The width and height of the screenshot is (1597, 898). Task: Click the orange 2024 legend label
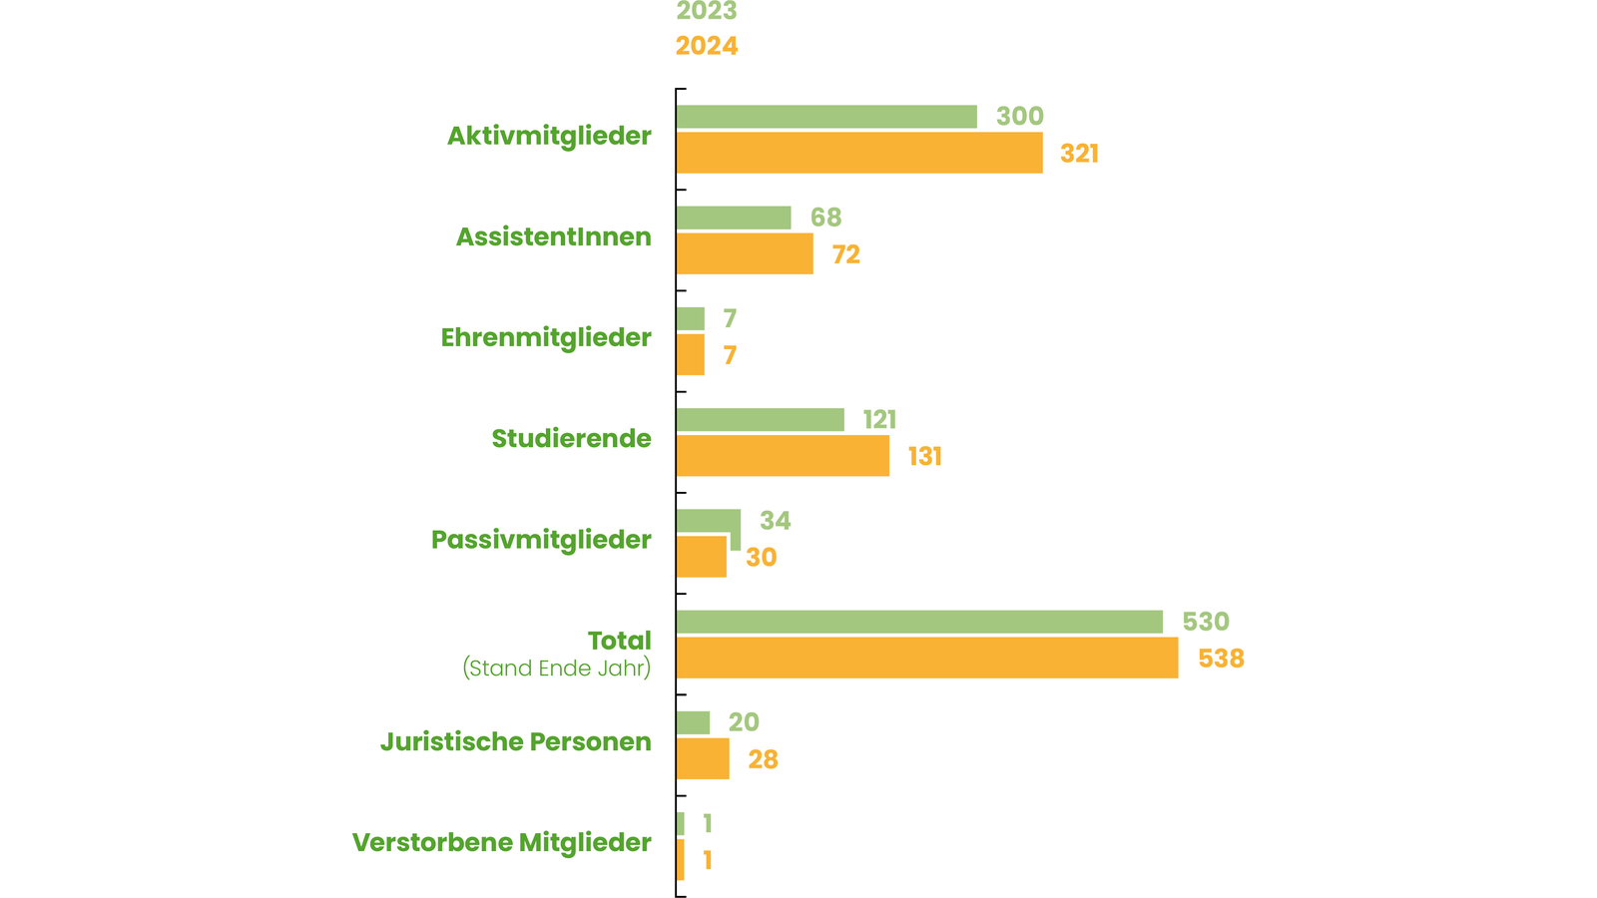pos(707,47)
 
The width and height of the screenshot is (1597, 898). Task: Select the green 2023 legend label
pos(707,12)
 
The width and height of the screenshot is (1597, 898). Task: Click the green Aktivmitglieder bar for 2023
pos(826,117)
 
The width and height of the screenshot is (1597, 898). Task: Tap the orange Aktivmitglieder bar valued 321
pos(859,153)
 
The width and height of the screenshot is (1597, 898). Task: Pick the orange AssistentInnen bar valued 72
pos(745,253)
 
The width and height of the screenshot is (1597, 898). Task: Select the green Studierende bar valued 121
pos(760,420)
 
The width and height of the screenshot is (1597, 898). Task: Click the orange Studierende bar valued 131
pos(783,456)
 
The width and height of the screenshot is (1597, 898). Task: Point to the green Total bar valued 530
pos(919,622)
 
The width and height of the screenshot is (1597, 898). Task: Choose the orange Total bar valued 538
pos(927,659)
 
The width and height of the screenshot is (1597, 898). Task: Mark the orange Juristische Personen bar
pos(703,759)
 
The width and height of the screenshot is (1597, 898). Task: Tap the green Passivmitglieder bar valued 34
pos(708,521)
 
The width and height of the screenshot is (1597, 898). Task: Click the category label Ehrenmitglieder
pos(546,338)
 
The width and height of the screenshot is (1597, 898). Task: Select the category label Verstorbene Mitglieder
pos(502,843)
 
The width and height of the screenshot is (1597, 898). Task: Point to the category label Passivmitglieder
pos(541,540)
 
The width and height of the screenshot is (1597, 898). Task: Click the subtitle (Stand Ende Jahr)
pos(557,669)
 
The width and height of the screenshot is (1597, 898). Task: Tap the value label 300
pos(1020,117)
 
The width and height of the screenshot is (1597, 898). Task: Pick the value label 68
pos(826,218)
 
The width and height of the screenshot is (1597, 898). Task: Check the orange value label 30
pos(762,558)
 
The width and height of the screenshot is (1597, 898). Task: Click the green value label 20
pos(744,722)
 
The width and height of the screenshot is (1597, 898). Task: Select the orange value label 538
pos(1222,659)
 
